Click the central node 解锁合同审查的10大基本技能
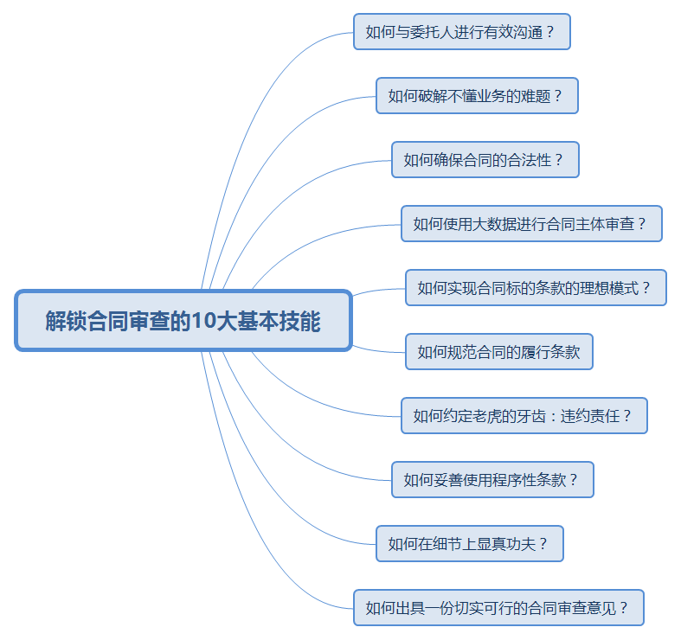[x=183, y=321]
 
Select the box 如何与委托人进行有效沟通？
[x=461, y=32]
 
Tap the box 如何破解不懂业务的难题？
[x=477, y=96]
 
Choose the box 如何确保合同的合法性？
[x=485, y=160]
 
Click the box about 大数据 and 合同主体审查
[x=531, y=224]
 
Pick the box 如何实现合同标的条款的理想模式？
[x=536, y=288]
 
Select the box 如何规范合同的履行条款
[x=498, y=352]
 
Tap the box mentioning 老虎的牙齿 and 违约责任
[x=524, y=416]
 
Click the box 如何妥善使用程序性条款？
[x=492, y=480]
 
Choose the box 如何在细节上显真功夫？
[x=469, y=544]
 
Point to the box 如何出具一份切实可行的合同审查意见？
[x=498, y=608]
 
